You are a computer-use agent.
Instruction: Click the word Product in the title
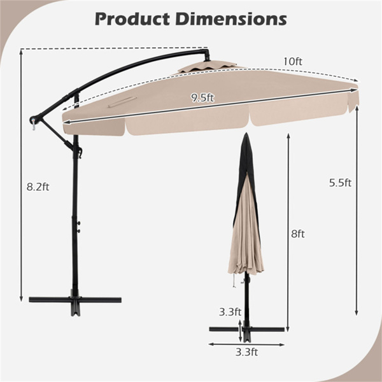pyautogui.click(x=132, y=19)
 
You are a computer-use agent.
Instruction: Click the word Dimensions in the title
pyautogui.click(x=231, y=19)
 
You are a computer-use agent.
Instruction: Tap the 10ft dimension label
pyautogui.click(x=293, y=61)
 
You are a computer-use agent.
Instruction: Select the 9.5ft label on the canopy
pyautogui.click(x=202, y=97)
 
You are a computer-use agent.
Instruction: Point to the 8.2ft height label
pyautogui.click(x=38, y=187)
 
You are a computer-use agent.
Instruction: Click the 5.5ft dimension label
pyautogui.click(x=340, y=183)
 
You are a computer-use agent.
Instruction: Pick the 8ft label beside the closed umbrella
pyautogui.click(x=298, y=234)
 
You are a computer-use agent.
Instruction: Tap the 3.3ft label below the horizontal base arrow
pyautogui.click(x=246, y=352)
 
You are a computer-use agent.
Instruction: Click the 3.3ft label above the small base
pyautogui.click(x=230, y=311)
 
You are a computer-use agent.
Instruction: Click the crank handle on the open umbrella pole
pyautogui.click(x=80, y=152)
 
